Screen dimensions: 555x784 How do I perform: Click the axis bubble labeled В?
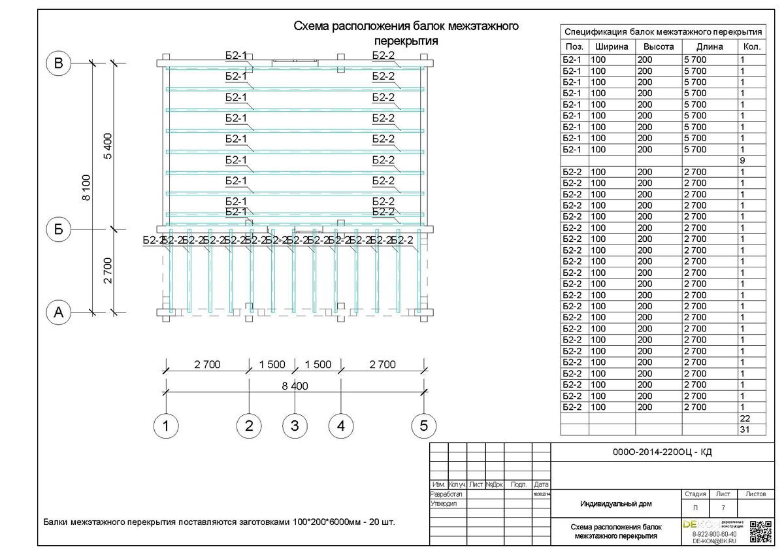tap(59, 63)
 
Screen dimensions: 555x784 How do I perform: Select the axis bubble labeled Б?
tap(59, 229)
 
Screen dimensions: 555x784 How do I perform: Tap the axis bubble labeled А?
tap(59, 312)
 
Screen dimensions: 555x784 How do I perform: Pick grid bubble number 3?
tap(295, 426)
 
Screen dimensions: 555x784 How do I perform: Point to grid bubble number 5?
tap(423, 426)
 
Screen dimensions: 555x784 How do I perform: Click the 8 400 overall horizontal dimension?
tap(295, 386)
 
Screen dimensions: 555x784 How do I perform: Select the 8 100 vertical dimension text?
tap(87, 188)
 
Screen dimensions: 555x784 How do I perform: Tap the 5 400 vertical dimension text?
tap(108, 146)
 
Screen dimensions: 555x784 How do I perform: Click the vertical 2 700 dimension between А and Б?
tap(108, 271)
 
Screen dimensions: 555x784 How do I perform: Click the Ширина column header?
tap(612, 47)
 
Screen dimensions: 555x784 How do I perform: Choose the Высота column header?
tap(658, 47)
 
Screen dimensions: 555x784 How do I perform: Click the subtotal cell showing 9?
tap(743, 161)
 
